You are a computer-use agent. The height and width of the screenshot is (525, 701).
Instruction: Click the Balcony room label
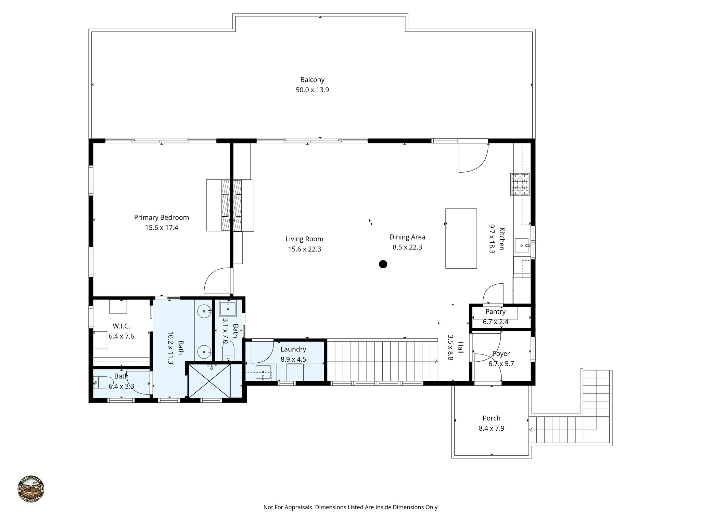point(312,80)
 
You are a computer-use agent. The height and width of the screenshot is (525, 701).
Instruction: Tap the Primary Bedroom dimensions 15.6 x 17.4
point(161,228)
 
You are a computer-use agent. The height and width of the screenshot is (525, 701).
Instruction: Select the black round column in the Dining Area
point(383,264)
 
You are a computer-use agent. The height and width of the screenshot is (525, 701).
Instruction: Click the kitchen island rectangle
point(461,238)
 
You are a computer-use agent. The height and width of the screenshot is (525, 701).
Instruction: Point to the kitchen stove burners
point(520,184)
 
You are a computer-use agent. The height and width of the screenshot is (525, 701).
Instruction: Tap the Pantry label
point(495,312)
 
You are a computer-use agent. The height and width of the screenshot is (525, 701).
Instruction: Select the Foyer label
point(501,354)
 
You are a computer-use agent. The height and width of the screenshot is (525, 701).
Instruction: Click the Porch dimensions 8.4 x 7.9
point(491,428)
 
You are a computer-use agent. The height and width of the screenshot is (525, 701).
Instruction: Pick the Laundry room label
point(293,349)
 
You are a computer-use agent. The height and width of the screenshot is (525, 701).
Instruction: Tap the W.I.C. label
point(121,326)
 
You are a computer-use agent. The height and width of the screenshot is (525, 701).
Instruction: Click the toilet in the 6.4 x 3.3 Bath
point(103,382)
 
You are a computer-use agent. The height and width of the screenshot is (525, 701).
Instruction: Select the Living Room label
point(304,239)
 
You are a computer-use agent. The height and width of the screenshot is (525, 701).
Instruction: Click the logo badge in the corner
point(31,489)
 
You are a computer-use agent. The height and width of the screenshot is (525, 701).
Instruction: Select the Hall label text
point(461,348)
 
